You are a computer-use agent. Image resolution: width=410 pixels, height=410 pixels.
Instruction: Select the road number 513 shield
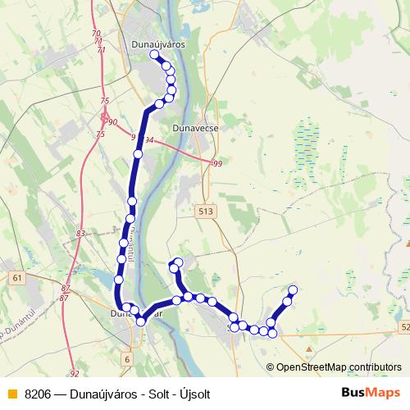point(205,211)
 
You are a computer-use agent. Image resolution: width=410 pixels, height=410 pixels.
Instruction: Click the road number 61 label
point(17,279)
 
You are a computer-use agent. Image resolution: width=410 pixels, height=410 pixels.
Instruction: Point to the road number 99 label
point(217,165)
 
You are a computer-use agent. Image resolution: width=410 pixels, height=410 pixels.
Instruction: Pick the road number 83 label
point(80,235)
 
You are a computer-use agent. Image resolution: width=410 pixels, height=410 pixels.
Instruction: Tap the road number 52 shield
point(405,327)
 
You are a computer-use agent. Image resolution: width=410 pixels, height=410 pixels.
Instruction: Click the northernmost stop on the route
point(154,55)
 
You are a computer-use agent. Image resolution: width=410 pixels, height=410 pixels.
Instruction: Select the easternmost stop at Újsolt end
point(293,290)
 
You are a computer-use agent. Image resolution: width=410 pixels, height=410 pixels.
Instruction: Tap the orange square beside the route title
point(11,394)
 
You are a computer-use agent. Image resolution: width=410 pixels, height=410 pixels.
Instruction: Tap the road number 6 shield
point(127,358)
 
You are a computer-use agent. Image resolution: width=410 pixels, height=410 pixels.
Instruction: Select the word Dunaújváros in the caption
point(103,394)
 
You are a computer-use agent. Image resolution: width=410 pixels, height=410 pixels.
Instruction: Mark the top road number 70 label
point(97,34)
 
